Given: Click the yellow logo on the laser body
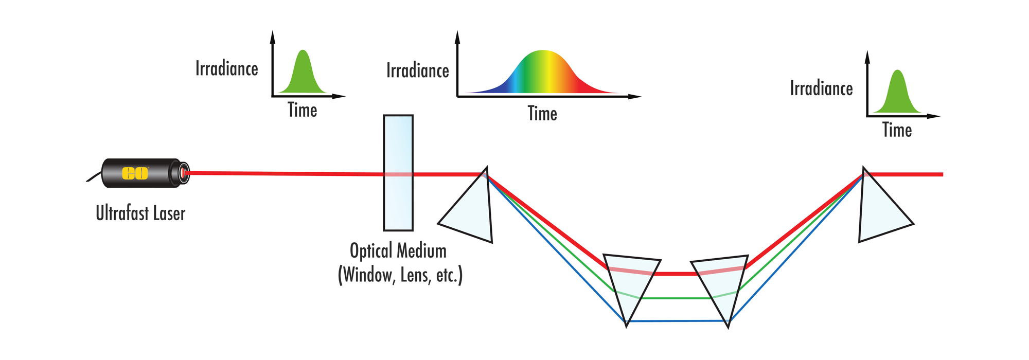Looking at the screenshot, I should pos(135,173).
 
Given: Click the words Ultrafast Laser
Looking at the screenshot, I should pos(140,213).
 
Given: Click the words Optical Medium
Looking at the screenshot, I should pos(398,251).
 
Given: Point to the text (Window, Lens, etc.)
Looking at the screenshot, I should pos(400,275).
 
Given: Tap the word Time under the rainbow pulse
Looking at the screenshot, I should pos(542,114).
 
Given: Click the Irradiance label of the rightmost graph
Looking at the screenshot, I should pos(821,88).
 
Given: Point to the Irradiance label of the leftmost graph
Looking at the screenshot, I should pos(226,68).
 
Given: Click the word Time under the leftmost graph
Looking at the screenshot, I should pos(302,110).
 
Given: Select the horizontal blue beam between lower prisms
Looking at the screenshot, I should pos(678,321).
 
